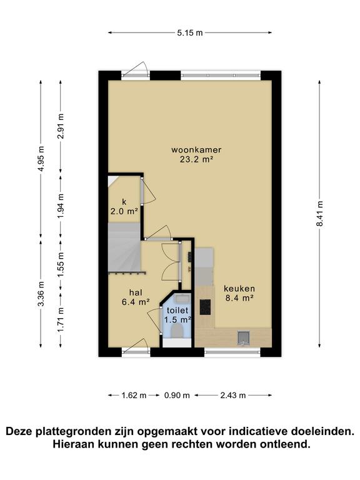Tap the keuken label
(x=238, y=289)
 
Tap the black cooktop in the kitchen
(x=204, y=306)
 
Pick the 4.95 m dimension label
(x=41, y=159)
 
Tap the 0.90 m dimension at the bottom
(x=177, y=395)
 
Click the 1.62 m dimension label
(x=133, y=395)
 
